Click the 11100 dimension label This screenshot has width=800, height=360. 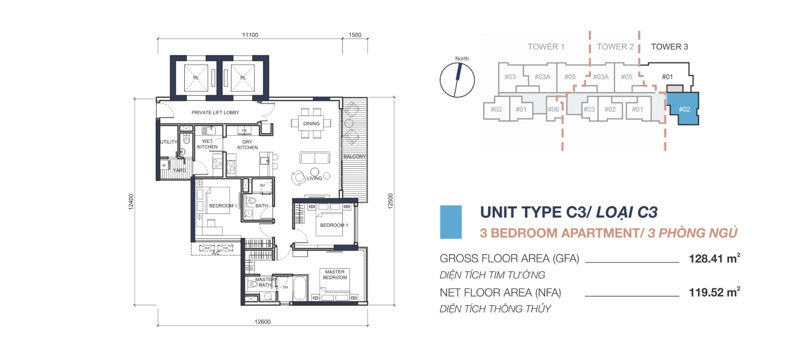pos(250,35)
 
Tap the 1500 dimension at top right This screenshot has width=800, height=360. pos(355,35)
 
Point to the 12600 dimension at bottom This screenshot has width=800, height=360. pos(262,322)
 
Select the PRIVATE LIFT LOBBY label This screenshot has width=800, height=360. pos(215,112)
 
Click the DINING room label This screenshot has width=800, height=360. pos(311,124)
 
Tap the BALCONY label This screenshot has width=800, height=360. pos(354,156)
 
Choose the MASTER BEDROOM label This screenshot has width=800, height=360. pos(335,274)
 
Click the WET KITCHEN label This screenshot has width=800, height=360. pos(207,144)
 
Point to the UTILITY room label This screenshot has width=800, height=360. pos(169,142)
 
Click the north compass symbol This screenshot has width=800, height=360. pos(457,80)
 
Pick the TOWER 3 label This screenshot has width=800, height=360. pos(669,47)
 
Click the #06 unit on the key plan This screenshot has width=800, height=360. pos(553,109)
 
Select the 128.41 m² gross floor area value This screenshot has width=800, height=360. pos(714,258)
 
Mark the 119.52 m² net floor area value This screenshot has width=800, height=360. pos(714,292)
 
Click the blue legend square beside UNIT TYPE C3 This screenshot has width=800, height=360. pos(451,222)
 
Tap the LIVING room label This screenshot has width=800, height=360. pos(314,178)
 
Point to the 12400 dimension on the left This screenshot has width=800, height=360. pos(131,202)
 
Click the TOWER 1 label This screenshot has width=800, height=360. pos(546,47)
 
